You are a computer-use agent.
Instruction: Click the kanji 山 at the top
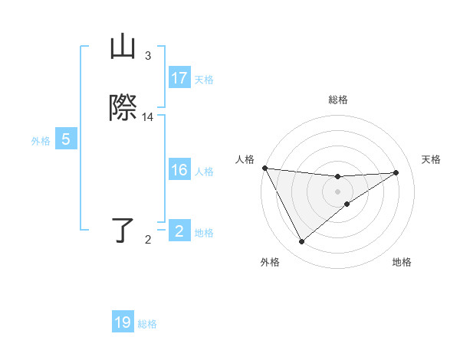(x=123, y=47)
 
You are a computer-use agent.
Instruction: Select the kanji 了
(x=123, y=231)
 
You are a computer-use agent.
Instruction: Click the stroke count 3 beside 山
(x=148, y=56)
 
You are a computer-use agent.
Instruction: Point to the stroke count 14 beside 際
(x=148, y=117)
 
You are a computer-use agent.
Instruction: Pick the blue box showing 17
(x=179, y=78)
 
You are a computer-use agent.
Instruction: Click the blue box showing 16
(x=179, y=170)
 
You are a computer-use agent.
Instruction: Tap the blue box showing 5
(x=66, y=139)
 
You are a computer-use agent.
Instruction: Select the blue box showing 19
(x=123, y=322)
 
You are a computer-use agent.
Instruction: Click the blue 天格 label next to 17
(x=204, y=80)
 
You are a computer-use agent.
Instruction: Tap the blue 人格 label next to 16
(x=204, y=172)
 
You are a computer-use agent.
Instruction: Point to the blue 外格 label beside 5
(x=41, y=141)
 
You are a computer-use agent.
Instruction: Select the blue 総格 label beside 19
(x=147, y=324)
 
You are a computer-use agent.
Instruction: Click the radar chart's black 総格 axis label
(x=337, y=100)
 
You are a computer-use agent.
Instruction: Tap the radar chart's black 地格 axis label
(x=402, y=263)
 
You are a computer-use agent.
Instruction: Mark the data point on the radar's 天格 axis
(x=396, y=172)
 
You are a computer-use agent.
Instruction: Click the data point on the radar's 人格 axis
(x=264, y=168)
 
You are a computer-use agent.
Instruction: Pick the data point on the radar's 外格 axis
(x=301, y=242)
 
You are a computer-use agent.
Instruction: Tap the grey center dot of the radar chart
(x=337, y=191)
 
